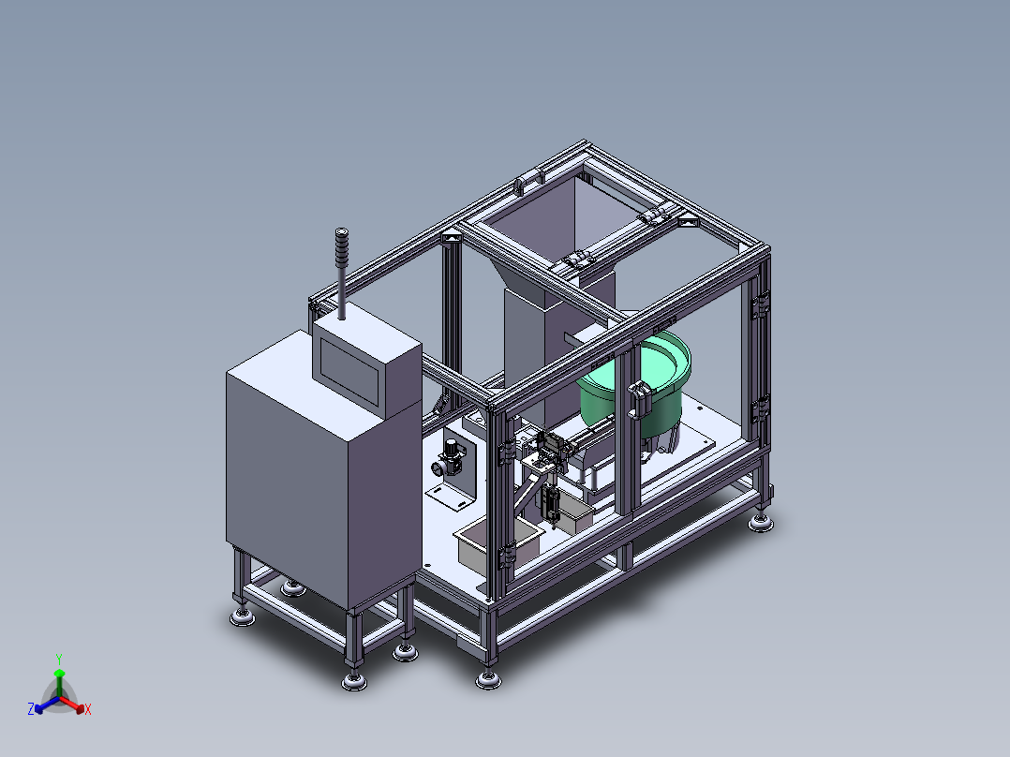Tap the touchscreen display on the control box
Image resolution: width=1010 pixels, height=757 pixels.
click(x=349, y=371)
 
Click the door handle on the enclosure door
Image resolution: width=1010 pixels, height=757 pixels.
click(x=638, y=399)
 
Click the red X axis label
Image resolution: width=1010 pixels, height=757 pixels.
click(x=88, y=709)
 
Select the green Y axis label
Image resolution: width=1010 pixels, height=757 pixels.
click(x=59, y=659)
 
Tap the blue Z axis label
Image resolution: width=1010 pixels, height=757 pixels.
click(x=31, y=709)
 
